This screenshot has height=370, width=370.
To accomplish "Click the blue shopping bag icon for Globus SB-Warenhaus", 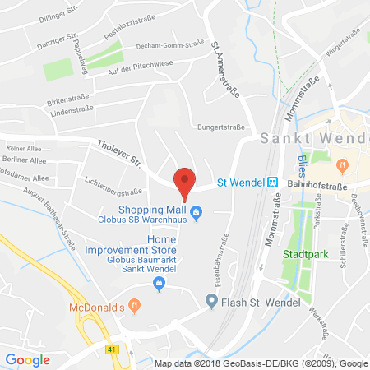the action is pyautogui.click(x=197, y=217).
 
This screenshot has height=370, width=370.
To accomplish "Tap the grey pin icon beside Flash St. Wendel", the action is pyautogui.click(x=211, y=301).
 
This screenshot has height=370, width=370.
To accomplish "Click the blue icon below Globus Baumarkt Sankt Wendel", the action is pyautogui.click(x=160, y=284).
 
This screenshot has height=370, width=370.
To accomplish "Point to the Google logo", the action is pyautogui.click(x=27, y=358).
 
